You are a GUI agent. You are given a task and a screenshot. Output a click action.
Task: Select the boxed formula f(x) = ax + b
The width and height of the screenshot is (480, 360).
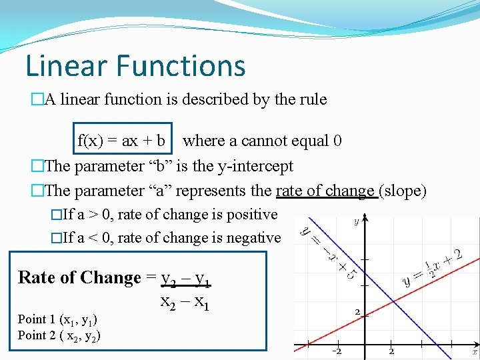click(122, 141)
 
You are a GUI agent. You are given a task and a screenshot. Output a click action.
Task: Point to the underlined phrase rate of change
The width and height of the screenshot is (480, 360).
click(325, 191)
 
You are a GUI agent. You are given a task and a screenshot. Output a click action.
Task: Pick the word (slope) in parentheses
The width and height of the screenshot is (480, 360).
click(403, 191)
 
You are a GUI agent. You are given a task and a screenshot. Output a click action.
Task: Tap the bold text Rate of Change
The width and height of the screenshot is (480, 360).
click(79, 277)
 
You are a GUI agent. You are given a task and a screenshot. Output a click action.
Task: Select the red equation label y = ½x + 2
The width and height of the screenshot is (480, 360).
click(442, 267)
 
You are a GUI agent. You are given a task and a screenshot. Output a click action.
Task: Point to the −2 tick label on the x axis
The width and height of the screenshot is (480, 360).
click(338, 351)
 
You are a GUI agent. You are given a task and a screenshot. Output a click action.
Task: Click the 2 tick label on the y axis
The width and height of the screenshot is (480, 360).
click(357, 312)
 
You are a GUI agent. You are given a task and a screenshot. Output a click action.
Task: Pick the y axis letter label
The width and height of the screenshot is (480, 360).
click(356, 221)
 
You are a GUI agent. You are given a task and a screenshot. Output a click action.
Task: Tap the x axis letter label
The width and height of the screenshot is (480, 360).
click(475, 351)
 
